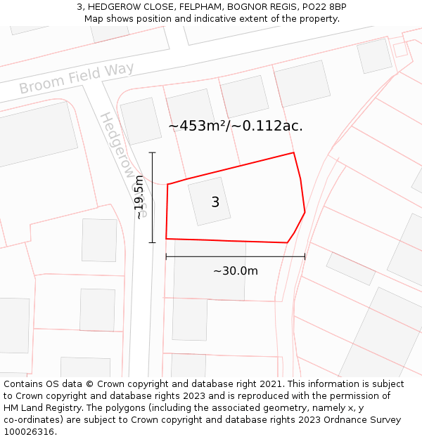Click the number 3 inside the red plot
pyautogui.click(x=215, y=202)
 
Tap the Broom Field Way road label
pyautogui.click(x=76, y=79)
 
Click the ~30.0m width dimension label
pyautogui.click(x=236, y=271)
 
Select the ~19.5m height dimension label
pyautogui.click(x=139, y=197)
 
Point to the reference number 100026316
pyautogui.click(x=30, y=432)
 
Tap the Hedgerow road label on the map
pyautogui.click(x=116, y=145)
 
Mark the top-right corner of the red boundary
pyautogui.click(x=293, y=152)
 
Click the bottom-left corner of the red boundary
pyautogui.click(x=166, y=239)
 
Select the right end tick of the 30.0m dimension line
pyautogui.click(x=305, y=256)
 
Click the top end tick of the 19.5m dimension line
pyautogui.click(x=152, y=152)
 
